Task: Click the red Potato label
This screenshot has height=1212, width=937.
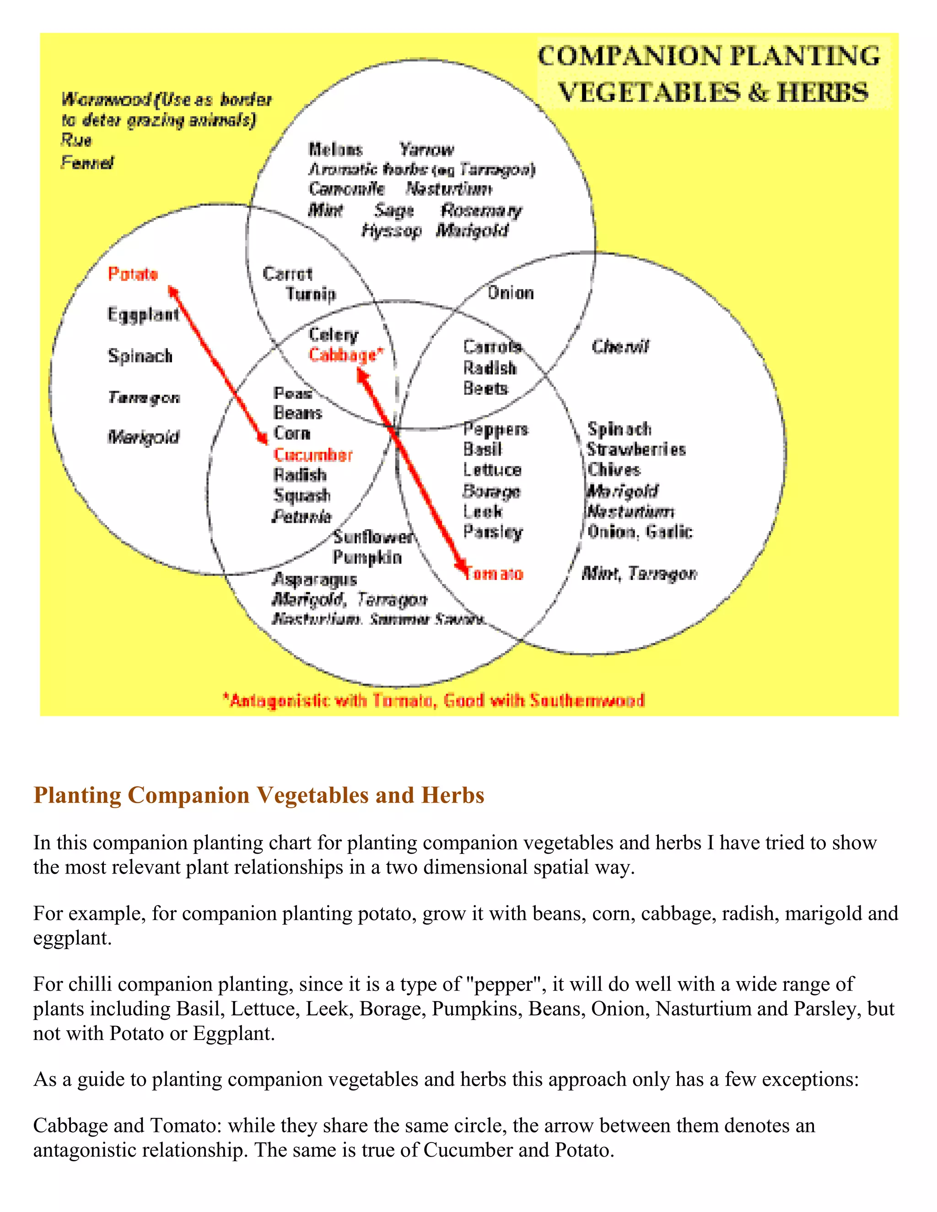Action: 133,274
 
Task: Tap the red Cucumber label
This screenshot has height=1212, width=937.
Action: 313,455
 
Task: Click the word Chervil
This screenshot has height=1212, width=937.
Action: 620,347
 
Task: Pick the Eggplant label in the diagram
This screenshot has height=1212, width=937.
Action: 143,315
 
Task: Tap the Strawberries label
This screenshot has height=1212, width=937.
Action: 636,450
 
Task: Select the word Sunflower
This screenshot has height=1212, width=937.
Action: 374,536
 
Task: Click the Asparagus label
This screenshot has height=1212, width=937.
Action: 314,579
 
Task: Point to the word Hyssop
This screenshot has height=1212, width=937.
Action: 391,231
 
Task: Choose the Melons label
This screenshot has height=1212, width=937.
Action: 335,149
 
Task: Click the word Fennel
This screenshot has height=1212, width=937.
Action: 87,163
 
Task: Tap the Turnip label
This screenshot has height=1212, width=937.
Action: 311,294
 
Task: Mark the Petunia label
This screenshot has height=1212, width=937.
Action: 302,517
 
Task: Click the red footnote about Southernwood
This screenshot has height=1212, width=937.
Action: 434,700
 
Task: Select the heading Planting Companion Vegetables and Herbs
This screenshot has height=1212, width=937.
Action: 258,795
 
